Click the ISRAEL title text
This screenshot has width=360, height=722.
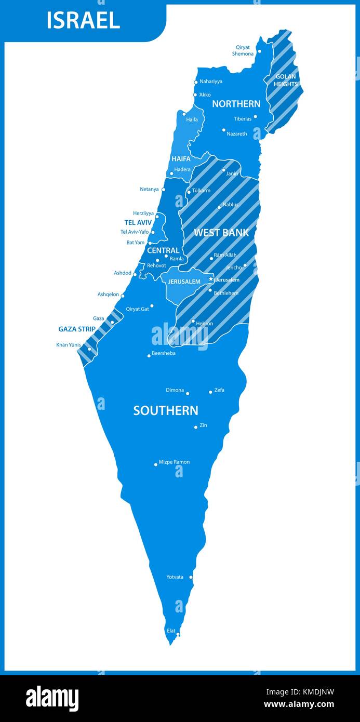point(83,20)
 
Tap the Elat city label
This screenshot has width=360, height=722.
point(170,631)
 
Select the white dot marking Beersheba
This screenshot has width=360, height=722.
point(149,356)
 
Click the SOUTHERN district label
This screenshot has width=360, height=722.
point(166,410)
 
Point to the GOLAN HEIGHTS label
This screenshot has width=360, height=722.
point(286,80)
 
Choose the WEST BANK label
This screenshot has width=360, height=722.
point(221,233)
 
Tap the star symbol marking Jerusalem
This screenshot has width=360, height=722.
point(211,279)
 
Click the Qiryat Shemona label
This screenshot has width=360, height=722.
point(243,50)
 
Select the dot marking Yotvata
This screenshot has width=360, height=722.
point(191,577)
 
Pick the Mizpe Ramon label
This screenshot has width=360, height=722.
point(174,462)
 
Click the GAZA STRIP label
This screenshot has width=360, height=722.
point(77,329)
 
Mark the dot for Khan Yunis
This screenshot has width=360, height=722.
point(89,349)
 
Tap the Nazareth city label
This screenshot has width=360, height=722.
point(237,133)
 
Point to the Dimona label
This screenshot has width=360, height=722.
point(175,390)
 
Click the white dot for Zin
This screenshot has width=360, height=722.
point(196,427)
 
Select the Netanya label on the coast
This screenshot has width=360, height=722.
point(149,189)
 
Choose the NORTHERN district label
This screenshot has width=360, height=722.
point(236,104)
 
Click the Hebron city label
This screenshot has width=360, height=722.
point(204,324)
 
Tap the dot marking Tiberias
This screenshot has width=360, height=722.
point(255,117)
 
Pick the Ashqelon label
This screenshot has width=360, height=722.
point(108,295)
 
